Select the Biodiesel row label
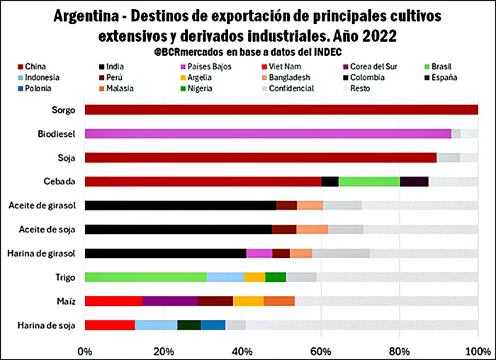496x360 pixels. (x=57, y=133)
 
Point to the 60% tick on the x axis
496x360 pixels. (x=321, y=350)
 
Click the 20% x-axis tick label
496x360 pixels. (x=164, y=350)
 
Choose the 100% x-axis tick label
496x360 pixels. (x=478, y=350)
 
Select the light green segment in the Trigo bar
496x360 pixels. (x=145, y=277)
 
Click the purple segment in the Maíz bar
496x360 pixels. (x=170, y=301)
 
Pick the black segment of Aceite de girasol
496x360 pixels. (x=180, y=206)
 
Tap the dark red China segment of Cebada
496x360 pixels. (x=203, y=181)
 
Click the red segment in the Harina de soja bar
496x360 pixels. (x=110, y=325)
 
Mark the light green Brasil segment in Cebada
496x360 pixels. (x=369, y=181)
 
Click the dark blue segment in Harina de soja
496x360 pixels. (x=213, y=325)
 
